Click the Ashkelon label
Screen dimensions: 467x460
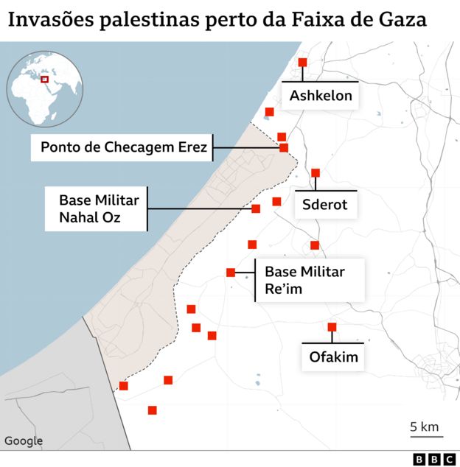(x=321, y=96)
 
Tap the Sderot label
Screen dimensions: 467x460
(x=325, y=205)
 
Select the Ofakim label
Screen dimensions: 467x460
(x=333, y=358)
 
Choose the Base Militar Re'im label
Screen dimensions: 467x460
(x=304, y=281)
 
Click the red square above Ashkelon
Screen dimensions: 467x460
(x=302, y=63)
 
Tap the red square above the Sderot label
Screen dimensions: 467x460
(x=316, y=173)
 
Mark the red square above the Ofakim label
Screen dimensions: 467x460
(x=332, y=327)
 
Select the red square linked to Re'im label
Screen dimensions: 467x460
(x=231, y=273)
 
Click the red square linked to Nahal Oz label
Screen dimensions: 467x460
(x=256, y=209)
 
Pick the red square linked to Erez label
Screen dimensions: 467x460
(x=284, y=148)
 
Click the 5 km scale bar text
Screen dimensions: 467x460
(x=425, y=426)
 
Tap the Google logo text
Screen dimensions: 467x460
(x=24, y=441)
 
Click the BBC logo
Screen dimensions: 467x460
(x=435, y=459)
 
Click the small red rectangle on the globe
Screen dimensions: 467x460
(x=44, y=80)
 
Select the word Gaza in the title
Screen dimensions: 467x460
(x=402, y=19)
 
